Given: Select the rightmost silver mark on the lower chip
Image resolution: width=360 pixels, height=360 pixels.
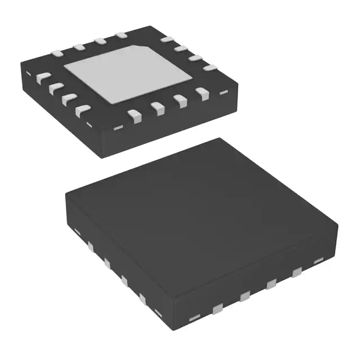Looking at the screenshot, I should coord(318,260).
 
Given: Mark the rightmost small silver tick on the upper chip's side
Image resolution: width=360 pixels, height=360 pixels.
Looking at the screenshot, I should coord(224,90).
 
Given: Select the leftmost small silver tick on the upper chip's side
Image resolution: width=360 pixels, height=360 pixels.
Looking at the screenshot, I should coord(118,128).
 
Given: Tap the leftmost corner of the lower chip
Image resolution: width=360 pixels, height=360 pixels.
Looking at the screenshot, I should coord(65,195).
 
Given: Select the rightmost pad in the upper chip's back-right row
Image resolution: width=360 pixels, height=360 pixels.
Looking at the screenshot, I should coord(209,67).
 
